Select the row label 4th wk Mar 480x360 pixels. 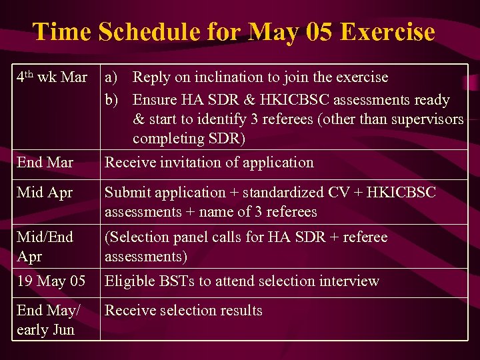(x=51, y=77)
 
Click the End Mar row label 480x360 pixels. (x=45, y=163)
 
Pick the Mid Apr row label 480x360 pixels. (x=45, y=193)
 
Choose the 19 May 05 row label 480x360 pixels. (x=51, y=281)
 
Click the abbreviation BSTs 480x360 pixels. (x=175, y=281)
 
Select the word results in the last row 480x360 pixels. (x=238, y=311)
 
